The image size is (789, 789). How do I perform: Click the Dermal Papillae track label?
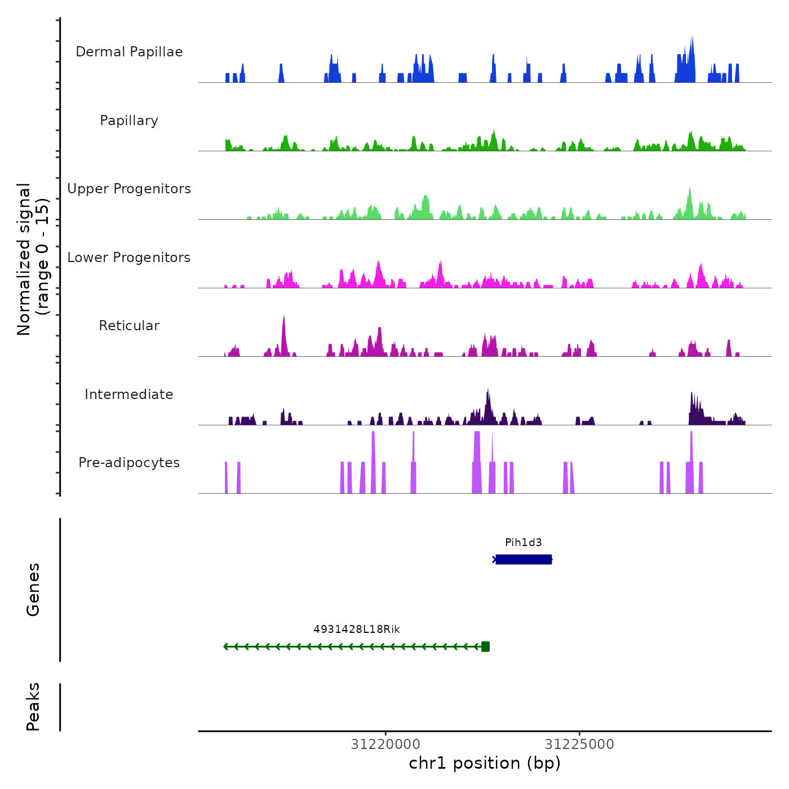pos(129,52)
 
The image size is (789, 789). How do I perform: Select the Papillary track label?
pos(129,121)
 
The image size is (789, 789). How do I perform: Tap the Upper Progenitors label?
pos(129,189)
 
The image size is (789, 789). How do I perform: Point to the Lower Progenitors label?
pos(129,258)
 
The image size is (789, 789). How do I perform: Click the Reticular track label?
pos(129,326)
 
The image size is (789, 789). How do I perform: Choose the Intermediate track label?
pos(129,394)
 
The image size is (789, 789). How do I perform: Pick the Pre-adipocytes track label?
pos(129,463)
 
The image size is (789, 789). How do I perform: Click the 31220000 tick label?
pos(385,744)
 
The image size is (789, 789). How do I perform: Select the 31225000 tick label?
pos(579,744)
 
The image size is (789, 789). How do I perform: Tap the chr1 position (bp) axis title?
pos(485,764)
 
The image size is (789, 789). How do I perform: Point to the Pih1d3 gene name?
pos(524,543)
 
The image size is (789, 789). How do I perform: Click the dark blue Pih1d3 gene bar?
pos(524,560)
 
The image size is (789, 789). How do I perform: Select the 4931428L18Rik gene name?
pos(357,630)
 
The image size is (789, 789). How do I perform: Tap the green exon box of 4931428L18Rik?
pos(486,647)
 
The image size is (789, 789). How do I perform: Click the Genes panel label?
pos(33,589)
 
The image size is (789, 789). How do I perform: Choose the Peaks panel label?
pos(33,707)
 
